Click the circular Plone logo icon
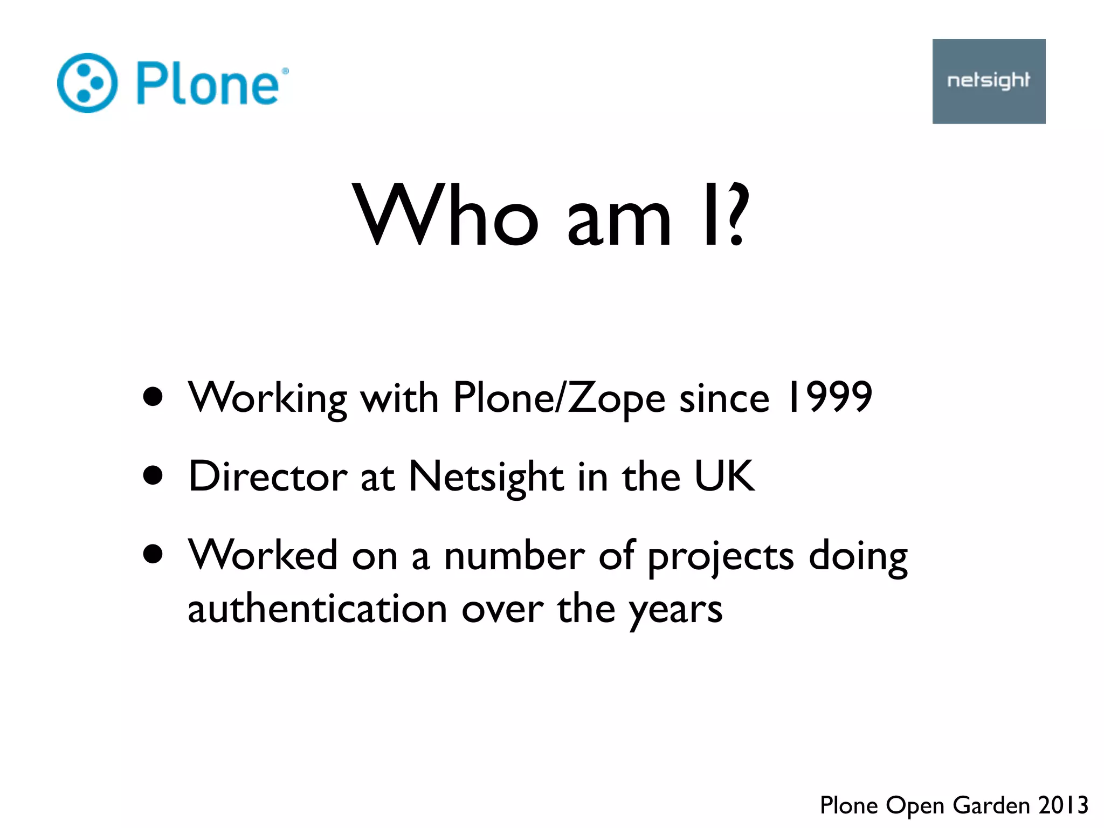[x=87, y=83]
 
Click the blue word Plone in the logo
[x=208, y=83]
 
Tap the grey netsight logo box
[x=989, y=81]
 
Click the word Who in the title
[x=445, y=216]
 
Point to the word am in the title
[x=619, y=221]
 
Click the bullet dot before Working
[x=154, y=397]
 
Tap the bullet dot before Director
[x=154, y=476]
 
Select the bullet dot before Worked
[x=154, y=554]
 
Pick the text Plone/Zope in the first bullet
[x=559, y=399]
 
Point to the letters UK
[x=724, y=475]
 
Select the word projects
[x=721, y=557]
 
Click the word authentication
[x=318, y=609]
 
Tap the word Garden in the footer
[x=991, y=805]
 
